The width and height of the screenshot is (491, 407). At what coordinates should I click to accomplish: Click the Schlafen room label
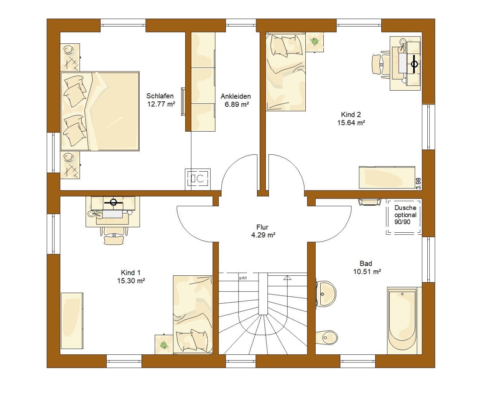pos(160,96)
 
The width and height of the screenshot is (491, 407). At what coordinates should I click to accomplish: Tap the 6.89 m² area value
pos(237,104)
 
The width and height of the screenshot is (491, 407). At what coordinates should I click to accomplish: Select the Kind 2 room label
pos(351,115)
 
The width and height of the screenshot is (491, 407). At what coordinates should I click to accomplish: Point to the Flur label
pos(262,227)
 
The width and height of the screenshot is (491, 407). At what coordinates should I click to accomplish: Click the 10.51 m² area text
pos(367,271)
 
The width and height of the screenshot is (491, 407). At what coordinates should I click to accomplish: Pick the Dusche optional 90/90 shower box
pos(404,217)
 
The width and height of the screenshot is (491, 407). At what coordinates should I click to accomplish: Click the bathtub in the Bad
pos(402,320)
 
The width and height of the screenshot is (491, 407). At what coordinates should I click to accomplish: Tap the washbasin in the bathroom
pos(326,293)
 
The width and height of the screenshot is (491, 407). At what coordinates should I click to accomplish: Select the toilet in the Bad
pos(326,338)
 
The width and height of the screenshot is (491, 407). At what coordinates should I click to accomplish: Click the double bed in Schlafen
pos(100,111)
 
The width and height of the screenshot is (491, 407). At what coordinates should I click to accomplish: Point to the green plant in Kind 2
pos(314,41)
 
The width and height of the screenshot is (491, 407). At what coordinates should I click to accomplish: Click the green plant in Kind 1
pos(164,345)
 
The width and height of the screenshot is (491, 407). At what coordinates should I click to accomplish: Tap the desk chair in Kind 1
pos(114,236)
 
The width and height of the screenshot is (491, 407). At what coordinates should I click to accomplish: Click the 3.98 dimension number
pos(419,184)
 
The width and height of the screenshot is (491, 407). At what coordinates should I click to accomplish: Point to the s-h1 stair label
pos(243,278)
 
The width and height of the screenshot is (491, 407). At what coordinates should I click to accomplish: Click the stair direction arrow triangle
pos(287,278)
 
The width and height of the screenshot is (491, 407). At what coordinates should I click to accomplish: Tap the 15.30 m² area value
pos(131,281)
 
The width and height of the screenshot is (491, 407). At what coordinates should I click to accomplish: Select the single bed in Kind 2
pos(285,71)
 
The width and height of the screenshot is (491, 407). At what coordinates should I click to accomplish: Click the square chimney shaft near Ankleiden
pos(198,179)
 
